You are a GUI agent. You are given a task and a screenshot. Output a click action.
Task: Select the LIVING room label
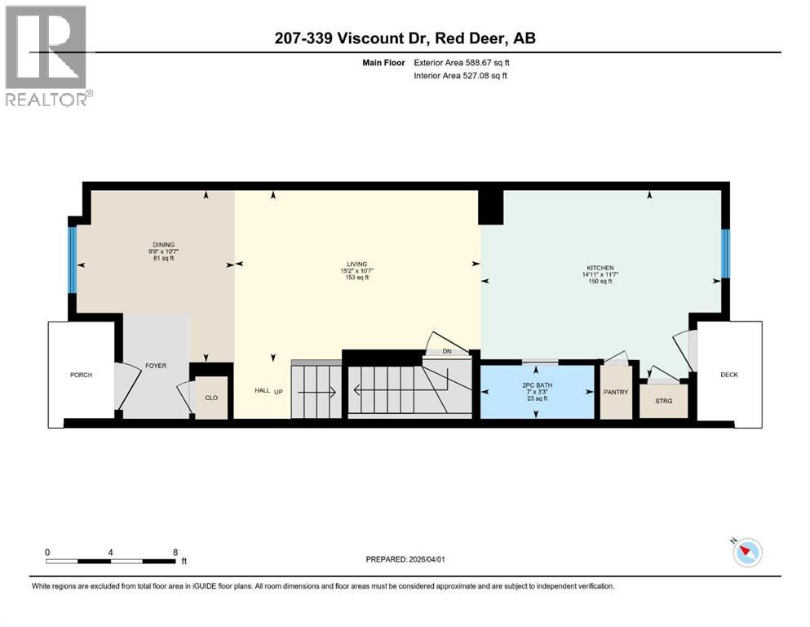tap(356, 264)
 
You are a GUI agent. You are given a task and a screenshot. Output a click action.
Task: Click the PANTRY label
tap(616, 393)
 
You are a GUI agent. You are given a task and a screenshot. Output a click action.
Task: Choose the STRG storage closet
tap(663, 401)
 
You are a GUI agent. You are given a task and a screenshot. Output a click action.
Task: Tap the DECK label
tap(728, 375)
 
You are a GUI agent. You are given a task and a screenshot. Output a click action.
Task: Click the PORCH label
tap(81, 375)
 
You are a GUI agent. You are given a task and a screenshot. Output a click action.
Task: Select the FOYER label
tap(156, 366)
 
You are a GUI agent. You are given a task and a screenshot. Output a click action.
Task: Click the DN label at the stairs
tap(446, 352)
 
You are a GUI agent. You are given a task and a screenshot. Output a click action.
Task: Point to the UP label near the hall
tap(278, 392)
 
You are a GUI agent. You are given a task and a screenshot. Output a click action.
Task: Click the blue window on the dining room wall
tap(72, 260)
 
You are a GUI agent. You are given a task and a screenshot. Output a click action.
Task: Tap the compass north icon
tap(746, 553)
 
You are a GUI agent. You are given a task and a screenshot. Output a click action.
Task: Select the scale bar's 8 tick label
tap(175, 552)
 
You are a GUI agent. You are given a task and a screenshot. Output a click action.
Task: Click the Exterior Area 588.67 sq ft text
tap(464, 62)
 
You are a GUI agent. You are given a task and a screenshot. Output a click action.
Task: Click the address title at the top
tap(405, 38)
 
